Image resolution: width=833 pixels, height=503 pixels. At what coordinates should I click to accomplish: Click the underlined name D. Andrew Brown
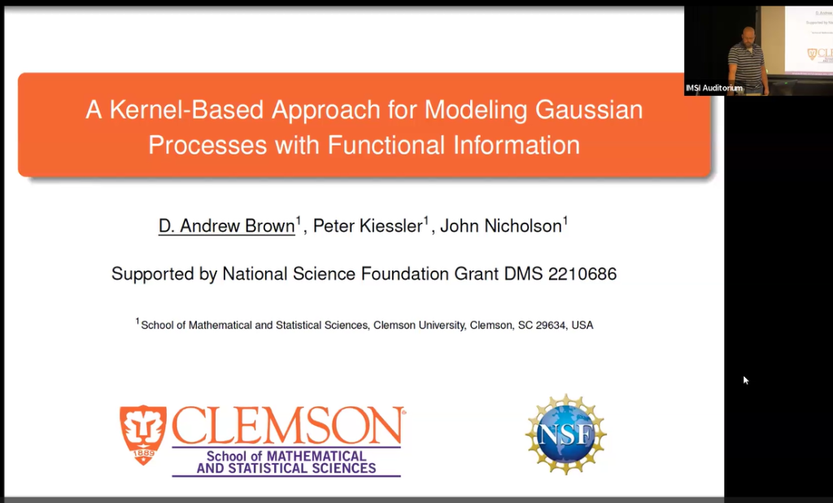click(x=227, y=226)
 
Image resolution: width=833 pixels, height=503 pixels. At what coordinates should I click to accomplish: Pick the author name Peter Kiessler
click(x=368, y=226)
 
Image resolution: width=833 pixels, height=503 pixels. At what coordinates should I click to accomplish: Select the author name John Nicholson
click(x=500, y=226)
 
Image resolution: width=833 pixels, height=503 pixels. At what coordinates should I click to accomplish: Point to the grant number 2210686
click(x=582, y=274)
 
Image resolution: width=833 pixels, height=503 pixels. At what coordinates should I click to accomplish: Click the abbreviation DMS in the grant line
click(x=521, y=274)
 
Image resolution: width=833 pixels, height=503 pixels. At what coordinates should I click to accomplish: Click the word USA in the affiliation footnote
click(x=582, y=325)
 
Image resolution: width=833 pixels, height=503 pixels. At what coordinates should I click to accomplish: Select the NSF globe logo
click(x=565, y=434)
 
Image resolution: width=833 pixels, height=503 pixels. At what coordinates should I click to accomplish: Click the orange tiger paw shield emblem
click(x=142, y=434)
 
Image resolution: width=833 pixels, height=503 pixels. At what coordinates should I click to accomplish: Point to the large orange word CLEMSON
click(x=287, y=425)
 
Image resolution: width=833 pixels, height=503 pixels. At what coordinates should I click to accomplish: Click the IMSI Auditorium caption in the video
click(x=714, y=88)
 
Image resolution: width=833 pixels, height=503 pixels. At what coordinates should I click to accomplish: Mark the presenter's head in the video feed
click(x=748, y=34)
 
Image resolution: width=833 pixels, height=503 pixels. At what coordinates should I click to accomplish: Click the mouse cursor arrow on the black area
click(x=746, y=379)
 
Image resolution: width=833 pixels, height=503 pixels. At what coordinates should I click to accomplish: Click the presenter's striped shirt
click(x=747, y=61)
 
